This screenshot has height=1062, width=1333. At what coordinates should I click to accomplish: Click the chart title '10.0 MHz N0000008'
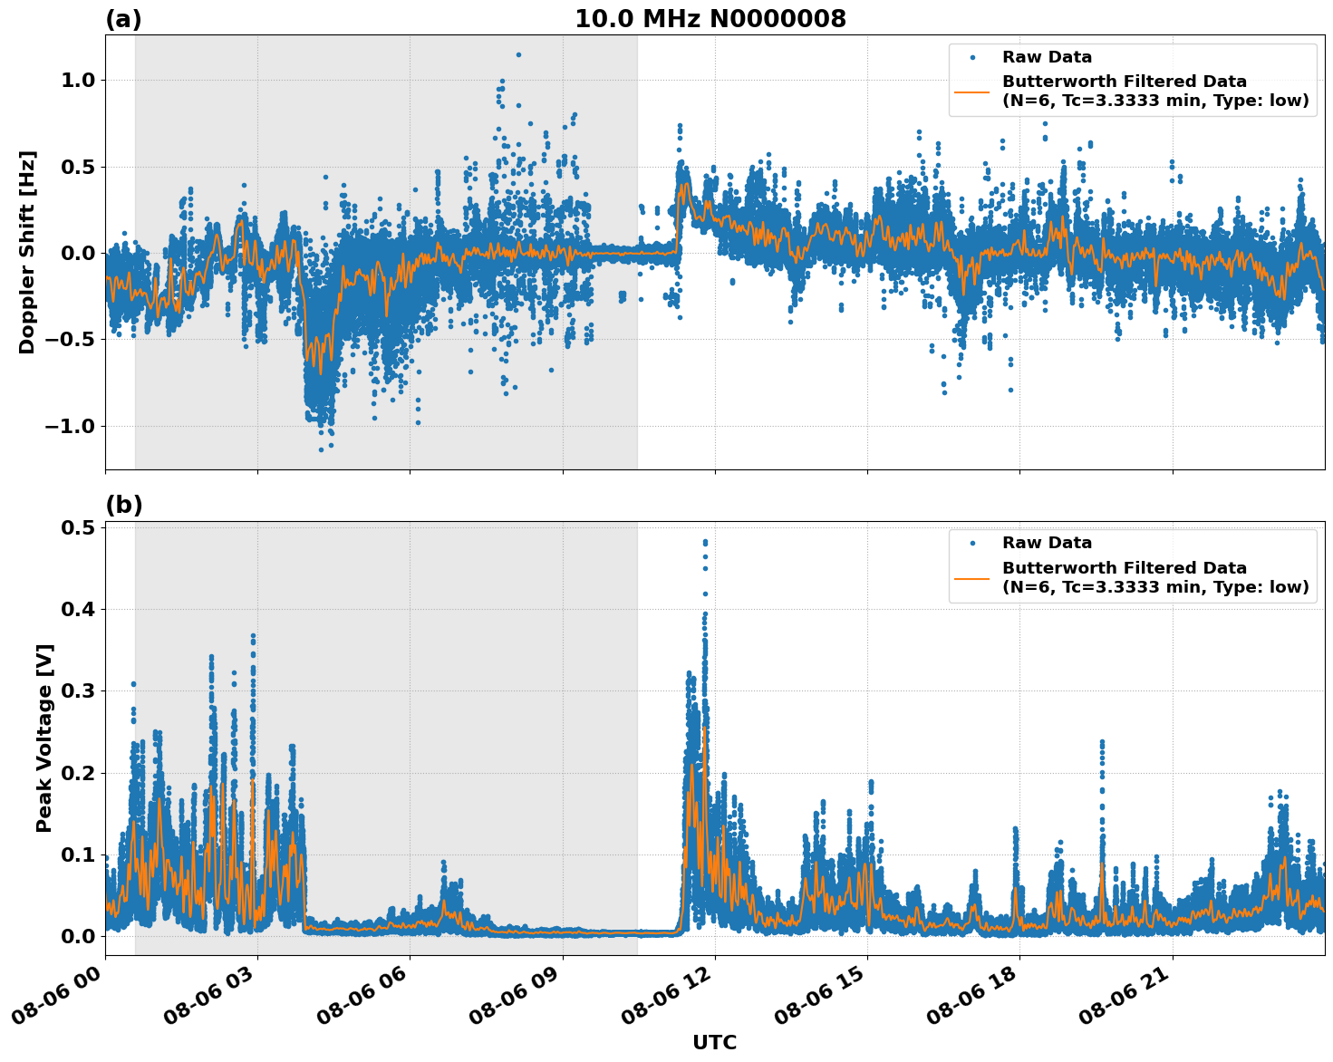pyautogui.click(x=710, y=19)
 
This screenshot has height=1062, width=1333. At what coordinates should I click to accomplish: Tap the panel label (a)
pyautogui.click(x=123, y=19)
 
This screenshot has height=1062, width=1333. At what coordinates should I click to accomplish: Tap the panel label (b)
pyautogui.click(x=123, y=505)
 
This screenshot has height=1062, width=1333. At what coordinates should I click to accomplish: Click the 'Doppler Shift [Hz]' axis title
pyautogui.click(x=27, y=252)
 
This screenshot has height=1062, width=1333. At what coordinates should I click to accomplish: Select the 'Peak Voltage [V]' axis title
pyautogui.click(x=44, y=738)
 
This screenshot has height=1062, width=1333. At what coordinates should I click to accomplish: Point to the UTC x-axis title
pyautogui.click(x=714, y=1042)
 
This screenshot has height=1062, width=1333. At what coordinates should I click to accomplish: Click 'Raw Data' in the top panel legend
pyautogui.click(x=1047, y=57)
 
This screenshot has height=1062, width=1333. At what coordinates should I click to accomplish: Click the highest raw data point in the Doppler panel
pyautogui.click(x=518, y=54)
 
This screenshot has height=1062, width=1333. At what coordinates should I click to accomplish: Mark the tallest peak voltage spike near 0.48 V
pyautogui.click(x=705, y=542)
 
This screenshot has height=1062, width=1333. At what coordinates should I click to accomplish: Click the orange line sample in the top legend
pyautogui.click(x=972, y=91)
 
